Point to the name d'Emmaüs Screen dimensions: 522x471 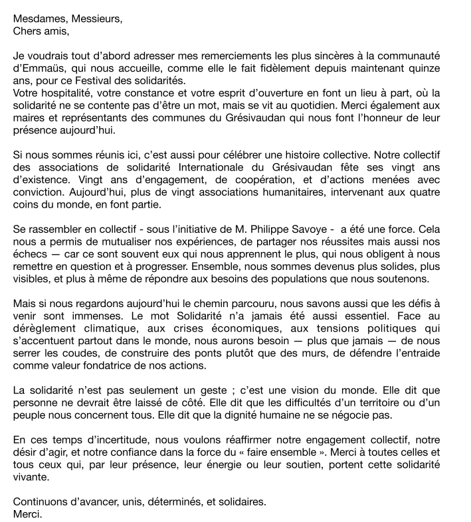point(38,68)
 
